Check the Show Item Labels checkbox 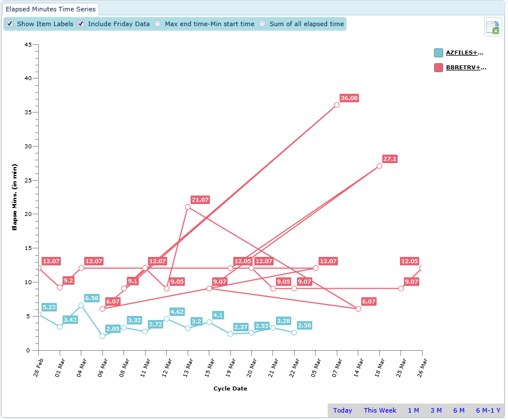pyautogui.click(x=10, y=24)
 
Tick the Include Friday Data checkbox pyautogui.click(x=81, y=24)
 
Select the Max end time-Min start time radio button pyautogui.click(x=158, y=24)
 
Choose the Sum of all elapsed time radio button pyautogui.click(x=262, y=24)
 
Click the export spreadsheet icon pyautogui.click(x=493, y=27)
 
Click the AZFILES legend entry pyautogui.click(x=464, y=53)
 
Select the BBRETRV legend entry pyautogui.click(x=465, y=68)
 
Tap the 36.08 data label pyautogui.click(x=349, y=98)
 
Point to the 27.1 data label pyautogui.click(x=390, y=159)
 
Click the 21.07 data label pyautogui.click(x=200, y=200)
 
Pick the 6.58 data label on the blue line pyautogui.click(x=92, y=298)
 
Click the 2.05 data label pyautogui.click(x=113, y=328)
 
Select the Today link pyautogui.click(x=342, y=410)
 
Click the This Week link pyautogui.click(x=380, y=410)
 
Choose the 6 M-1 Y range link pyautogui.click(x=488, y=410)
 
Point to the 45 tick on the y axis pyautogui.click(x=27, y=44)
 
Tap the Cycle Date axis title pyautogui.click(x=230, y=389)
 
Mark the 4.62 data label pyautogui.click(x=177, y=311)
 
